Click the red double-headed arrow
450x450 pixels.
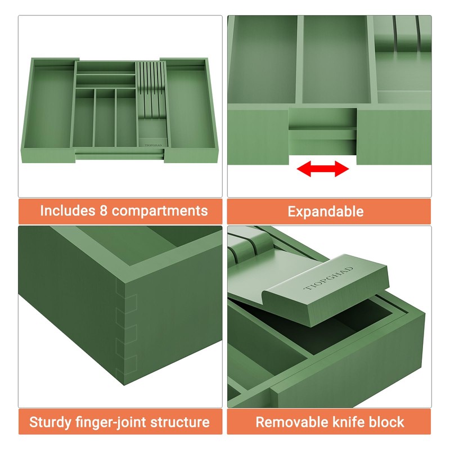click(323, 168)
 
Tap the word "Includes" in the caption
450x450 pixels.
click(67, 210)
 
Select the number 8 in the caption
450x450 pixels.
click(103, 210)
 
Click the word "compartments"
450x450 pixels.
click(160, 211)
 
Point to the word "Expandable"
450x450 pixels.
click(326, 211)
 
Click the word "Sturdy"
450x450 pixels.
click(50, 422)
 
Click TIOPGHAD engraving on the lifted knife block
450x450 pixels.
click(329, 278)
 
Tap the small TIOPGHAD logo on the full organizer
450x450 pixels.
click(153, 145)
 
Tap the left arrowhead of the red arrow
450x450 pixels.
click(304, 168)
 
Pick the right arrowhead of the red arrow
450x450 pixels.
click(342, 168)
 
